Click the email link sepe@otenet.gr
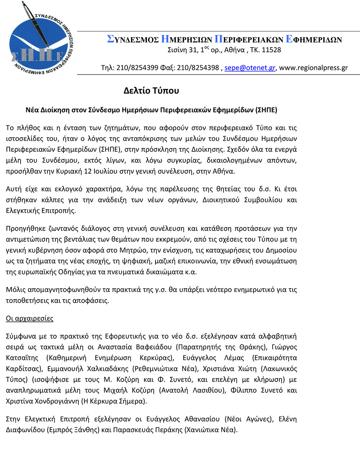tap(250, 68)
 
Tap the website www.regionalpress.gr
tap(314, 68)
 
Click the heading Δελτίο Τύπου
tap(151, 90)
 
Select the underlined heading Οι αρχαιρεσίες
tap(30, 319)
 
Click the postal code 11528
tap(271, 50)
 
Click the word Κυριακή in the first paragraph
tap(69, 171)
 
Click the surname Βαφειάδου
tap(154, 347)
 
